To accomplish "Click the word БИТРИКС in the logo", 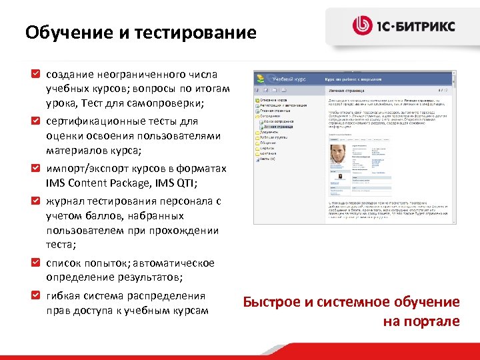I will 429,26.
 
